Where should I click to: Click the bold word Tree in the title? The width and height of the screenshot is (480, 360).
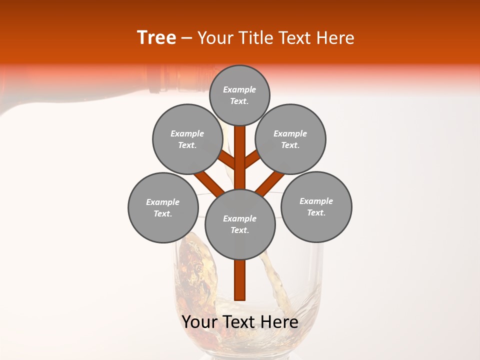pyautogui.click(x=156, y=38)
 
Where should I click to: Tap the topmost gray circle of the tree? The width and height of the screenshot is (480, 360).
pyautogui.click(x=239, y=95)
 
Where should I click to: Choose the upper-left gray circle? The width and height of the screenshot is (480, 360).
pyautogui.click(x=187, y=139)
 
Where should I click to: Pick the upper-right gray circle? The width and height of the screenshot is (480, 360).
pyautogui.click(x=290, y=139)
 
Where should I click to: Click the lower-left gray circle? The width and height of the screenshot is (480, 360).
pyautogui.click(x=163, y=207)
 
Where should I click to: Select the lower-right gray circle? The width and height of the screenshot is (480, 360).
pyautogui.click(x=316, y=206)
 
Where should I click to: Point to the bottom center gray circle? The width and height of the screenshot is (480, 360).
pyautogui.click(x=240, y=224)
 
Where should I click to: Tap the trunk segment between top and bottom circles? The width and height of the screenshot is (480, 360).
pyautogui.click(x=240, y=157)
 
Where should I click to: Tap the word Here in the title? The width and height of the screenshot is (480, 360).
pyautogui.click(x=335, y=38)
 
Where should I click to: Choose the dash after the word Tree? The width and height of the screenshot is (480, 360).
pyautogui.click(x=187, y=38)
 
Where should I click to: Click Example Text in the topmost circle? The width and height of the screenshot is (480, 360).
pyautogui.click(x=239, y=95)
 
